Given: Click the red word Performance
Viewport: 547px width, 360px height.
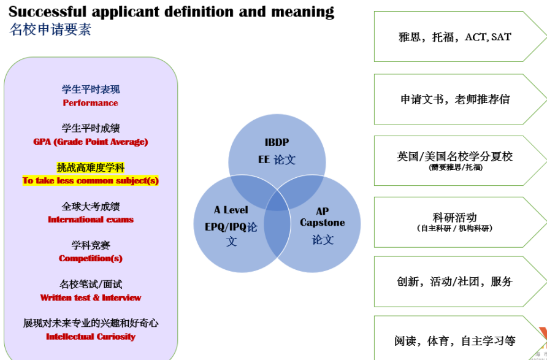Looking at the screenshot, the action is pyautogui.click(x=90, y=103).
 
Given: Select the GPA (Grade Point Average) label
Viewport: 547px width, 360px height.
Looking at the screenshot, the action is pyautogui.click(x=91, y=142).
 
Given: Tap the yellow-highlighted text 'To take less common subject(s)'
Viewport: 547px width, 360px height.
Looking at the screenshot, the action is pyautogui.click(x=91, y=181).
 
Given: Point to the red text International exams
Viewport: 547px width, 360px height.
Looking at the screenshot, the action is pyautogui.click(x=91, y=220).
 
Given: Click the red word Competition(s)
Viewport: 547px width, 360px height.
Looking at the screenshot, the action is pyautogui.click(x=91, y=258).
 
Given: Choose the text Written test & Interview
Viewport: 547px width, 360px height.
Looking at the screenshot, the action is pyautogui.click(x=91, y=297).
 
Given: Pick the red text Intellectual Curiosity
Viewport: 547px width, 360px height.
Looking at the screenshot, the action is pyautogui.click(x=91, y=337).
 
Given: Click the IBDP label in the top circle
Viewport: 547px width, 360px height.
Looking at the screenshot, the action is pyautogui.click(x=277, y=142).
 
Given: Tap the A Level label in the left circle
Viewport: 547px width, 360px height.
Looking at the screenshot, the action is pyautogui.click(x=231, y=210).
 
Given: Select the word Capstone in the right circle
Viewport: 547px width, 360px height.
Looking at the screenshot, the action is pyautogui.click(x=323, y=223).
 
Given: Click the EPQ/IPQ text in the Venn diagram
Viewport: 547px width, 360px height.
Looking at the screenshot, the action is pyautogui.click(x=225, y=227).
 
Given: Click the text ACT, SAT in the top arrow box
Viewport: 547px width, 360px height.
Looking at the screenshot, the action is pyautogui.click(x=488, y=37).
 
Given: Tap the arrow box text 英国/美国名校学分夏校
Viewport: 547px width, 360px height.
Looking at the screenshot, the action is pyautogui.click(x=454, y=156).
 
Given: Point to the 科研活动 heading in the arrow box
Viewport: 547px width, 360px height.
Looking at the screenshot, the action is pyautogui.click(x=454, y=217).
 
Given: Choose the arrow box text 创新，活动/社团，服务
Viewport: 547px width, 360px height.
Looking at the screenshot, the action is pyautogui.click(x=454, y=281).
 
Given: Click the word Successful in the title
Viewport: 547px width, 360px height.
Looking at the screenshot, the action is pyautogui.click(x=47, y=12).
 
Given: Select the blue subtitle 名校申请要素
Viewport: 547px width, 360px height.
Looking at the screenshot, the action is pyautogui.click(x=50, y=29).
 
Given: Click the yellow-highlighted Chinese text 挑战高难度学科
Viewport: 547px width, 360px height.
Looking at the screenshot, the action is pyautogui.click(x=91, y=167).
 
